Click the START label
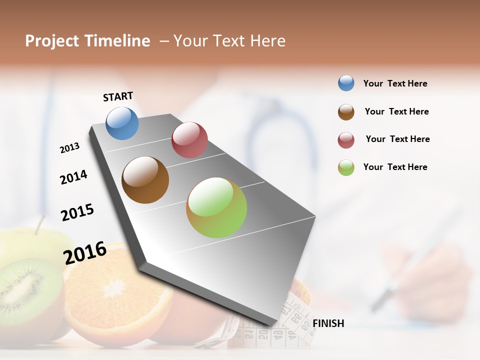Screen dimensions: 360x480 (x=118, y=96)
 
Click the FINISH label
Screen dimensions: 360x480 (x=328, y=323)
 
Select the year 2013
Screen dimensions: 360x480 (x=69, y=148)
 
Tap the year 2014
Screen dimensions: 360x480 (x=73, y=177)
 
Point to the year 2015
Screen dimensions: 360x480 (x=77, y=212)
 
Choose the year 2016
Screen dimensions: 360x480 (x=85, y=252)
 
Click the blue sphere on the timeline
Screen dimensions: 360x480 (x=122, y=123)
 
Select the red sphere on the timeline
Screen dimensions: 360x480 (x=189, y=140)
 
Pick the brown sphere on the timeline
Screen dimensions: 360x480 (x=145, y=180)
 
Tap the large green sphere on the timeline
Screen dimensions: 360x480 (x=216, y=207)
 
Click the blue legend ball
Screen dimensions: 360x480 (x=346, y=83)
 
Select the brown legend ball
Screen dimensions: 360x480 (x=346, y=112)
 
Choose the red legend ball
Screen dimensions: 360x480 (x=346, y=140)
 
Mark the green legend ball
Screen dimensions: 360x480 (x=346, y=167)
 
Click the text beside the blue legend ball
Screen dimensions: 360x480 (x=395, y=84)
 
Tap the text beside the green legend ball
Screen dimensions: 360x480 (x=395, y=167)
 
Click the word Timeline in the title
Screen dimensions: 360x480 (x=117, y=41)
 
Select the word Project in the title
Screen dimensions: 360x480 (x=52, y=41)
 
